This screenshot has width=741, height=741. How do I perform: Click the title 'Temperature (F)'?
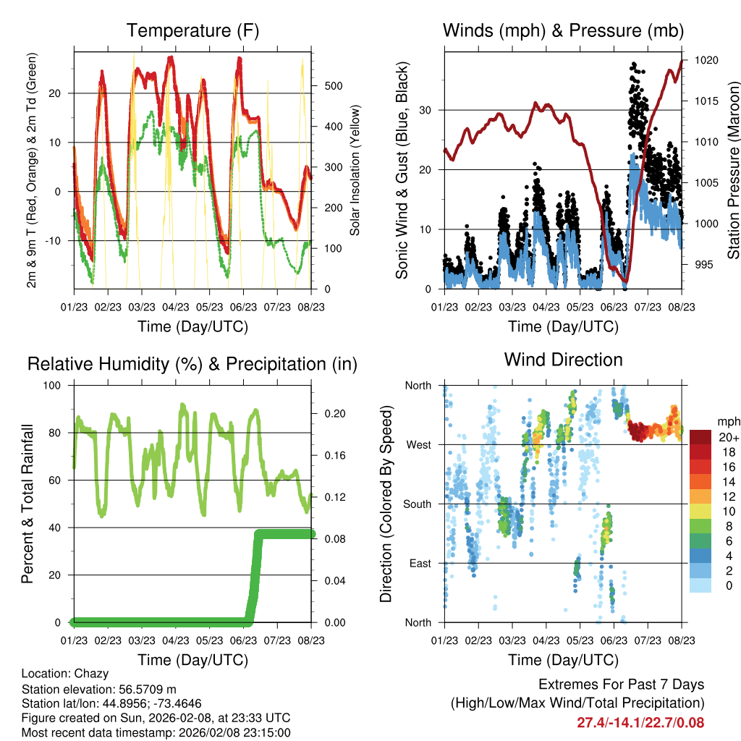[192, 30]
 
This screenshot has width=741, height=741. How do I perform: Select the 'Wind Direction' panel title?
[563, 360]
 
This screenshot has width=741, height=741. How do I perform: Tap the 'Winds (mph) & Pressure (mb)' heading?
[563, 30]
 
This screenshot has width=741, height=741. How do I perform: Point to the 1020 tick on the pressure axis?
[705, 61]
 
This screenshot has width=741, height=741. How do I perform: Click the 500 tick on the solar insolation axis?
[332, 85]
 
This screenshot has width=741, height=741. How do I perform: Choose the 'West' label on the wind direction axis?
[418, 444]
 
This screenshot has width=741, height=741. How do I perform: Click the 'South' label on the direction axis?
[417, 504]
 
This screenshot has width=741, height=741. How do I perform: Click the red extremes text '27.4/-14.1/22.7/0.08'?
[640, 722]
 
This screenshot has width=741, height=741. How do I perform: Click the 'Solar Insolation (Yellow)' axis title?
[355, 171]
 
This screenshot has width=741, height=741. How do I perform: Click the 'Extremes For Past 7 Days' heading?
[621, 685]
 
